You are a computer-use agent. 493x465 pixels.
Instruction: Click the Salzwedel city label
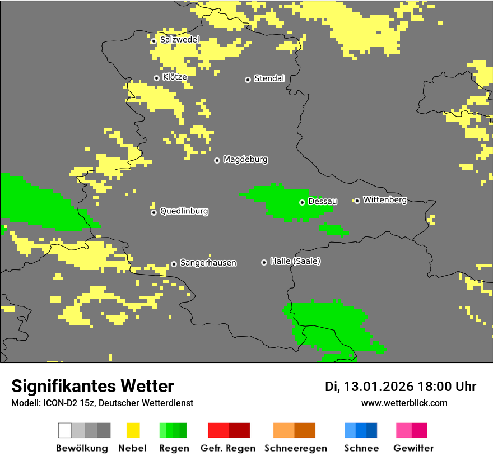click(179, 40)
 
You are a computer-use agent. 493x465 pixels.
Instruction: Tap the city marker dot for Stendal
click(248, 80)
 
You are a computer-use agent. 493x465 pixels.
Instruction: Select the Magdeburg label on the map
click(245, 160)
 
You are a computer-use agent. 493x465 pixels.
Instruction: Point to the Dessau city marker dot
click(302, 202)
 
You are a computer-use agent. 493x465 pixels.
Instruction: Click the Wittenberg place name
click(385, 200)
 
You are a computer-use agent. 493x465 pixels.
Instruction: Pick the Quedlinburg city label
click(184, 211)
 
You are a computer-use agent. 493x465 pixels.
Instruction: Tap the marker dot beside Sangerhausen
click(174, 264)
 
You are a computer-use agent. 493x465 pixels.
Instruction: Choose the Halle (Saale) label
click(295, 262)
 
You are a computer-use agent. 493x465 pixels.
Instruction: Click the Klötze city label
click(174, 77)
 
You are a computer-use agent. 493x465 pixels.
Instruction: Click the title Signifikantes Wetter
click(92, 387)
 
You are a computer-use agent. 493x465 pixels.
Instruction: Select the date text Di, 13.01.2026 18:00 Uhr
click(401, 387)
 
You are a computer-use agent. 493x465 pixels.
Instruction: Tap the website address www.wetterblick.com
click(404, 403)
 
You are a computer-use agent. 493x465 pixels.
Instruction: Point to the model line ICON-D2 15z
click(102, 403)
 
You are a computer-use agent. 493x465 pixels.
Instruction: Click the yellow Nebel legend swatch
click(133, 430)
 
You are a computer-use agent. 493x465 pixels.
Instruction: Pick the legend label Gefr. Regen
click(228, 448)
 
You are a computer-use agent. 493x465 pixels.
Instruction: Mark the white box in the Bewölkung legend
click(65, 430)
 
